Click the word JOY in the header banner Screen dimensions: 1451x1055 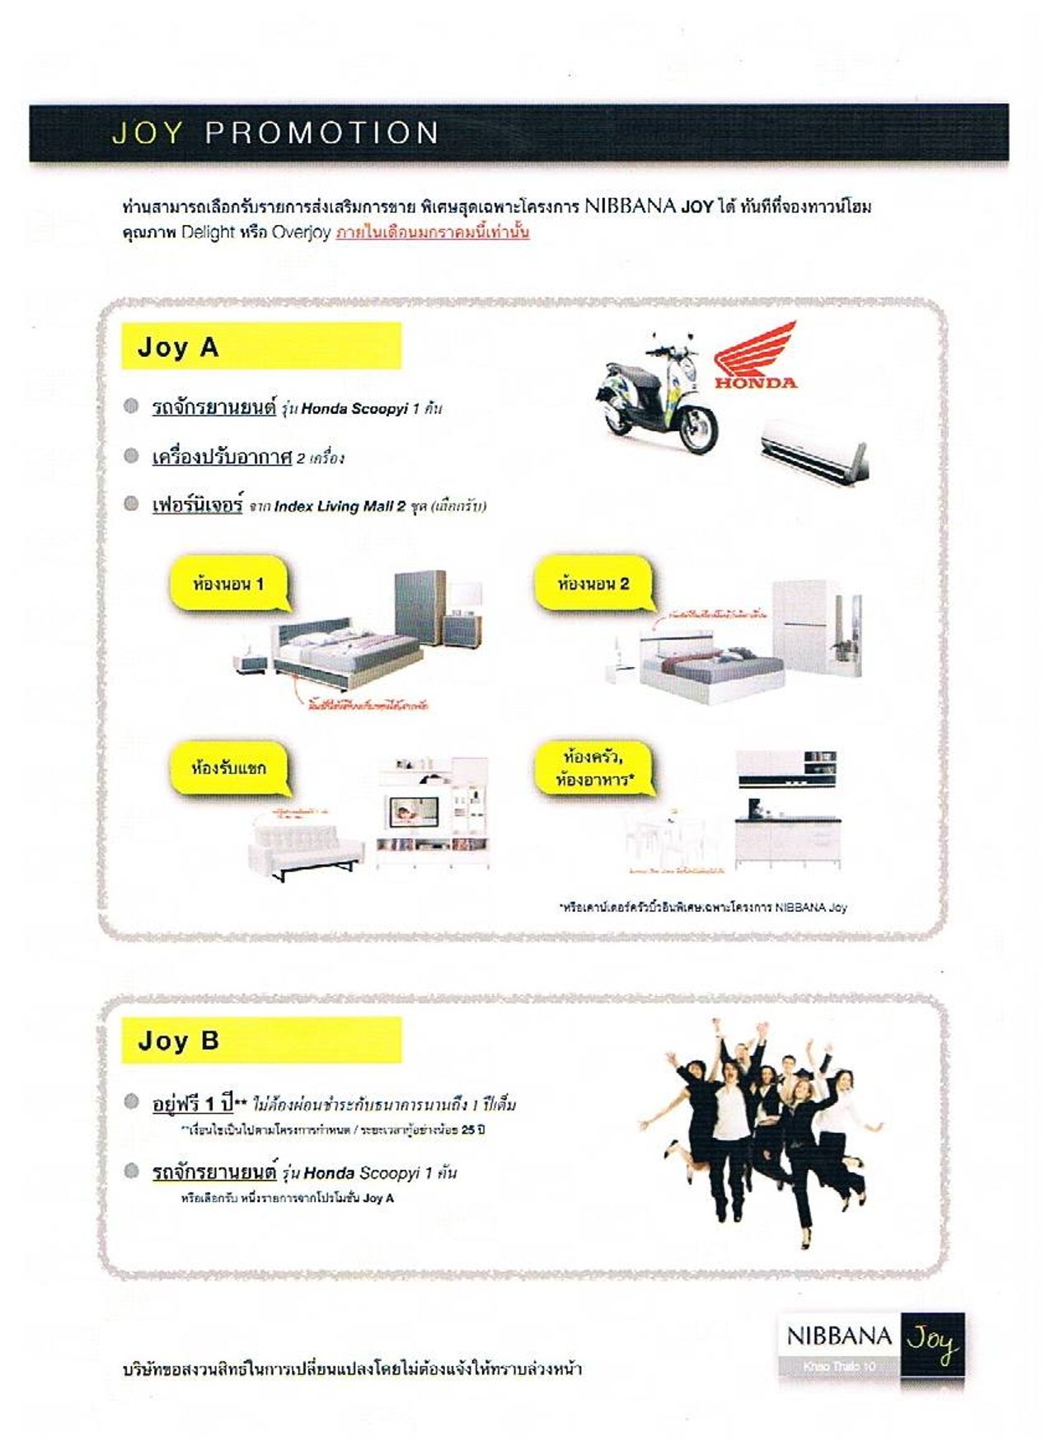point(148,133)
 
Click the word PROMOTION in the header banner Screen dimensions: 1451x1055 point(321,133)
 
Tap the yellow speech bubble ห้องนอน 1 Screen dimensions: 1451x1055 point(228,585)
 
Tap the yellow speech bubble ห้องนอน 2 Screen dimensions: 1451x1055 point(593,585)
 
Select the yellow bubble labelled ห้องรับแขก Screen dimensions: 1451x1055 point(228,768)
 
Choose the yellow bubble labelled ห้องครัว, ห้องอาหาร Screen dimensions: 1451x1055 point(593,768)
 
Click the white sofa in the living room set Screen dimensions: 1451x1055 point(305,848)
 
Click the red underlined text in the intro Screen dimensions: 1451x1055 point(433,232)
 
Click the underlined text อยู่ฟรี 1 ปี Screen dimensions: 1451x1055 point(193,1103)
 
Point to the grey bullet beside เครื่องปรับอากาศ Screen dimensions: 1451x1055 point(131,456)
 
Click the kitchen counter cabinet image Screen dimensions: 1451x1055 point(787,837)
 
